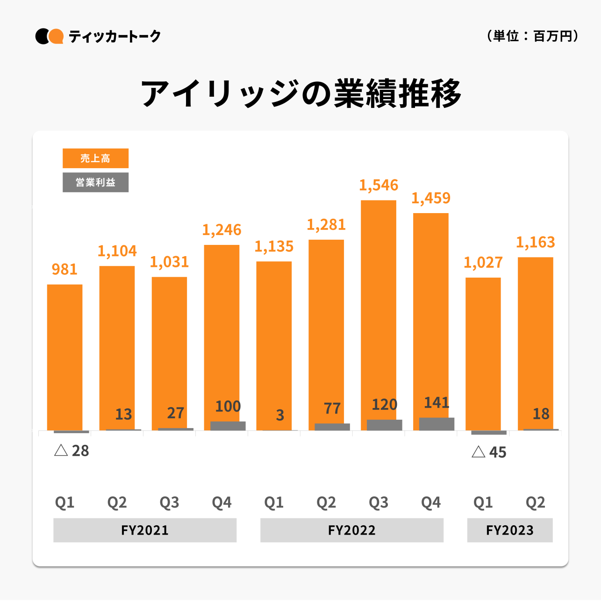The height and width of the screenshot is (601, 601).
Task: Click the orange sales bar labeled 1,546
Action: [x=379, y=308]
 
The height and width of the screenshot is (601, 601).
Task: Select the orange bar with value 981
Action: [x=64, y=355]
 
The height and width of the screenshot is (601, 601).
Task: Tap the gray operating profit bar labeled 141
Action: [x=436, y=424]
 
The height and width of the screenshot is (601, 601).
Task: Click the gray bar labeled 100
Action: [x=228, y=426]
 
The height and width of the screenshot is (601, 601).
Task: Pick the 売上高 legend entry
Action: [x=95, y=158]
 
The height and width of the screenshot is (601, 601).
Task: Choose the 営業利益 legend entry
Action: [x=95, y=182]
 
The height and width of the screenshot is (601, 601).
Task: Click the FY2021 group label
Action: [x=145, y=530]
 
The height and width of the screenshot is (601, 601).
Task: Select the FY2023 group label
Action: [x=510, y=530]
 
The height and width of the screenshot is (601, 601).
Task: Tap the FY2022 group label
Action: [x=351, y=530]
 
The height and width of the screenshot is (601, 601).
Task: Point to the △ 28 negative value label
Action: [x=72, y=451]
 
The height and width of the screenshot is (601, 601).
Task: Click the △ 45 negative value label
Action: [x=489, y=452]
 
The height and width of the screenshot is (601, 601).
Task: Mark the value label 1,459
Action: [x=431, y=198]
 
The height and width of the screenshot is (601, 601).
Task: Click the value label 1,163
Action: [x=536, y=242]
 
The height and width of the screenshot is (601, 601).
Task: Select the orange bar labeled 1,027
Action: [x=483, y=353]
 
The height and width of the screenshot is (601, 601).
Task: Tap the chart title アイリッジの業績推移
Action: [x=301, y=94]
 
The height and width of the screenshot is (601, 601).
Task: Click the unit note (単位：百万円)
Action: [x=533, y=36]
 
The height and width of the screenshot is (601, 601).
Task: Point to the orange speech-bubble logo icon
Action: [x=56, y=36]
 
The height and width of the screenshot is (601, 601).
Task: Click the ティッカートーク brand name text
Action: [x=114, y=36]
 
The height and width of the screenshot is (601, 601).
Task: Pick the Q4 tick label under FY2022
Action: [x=431, y=502]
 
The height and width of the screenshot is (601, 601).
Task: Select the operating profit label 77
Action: [x=332, y=408]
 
